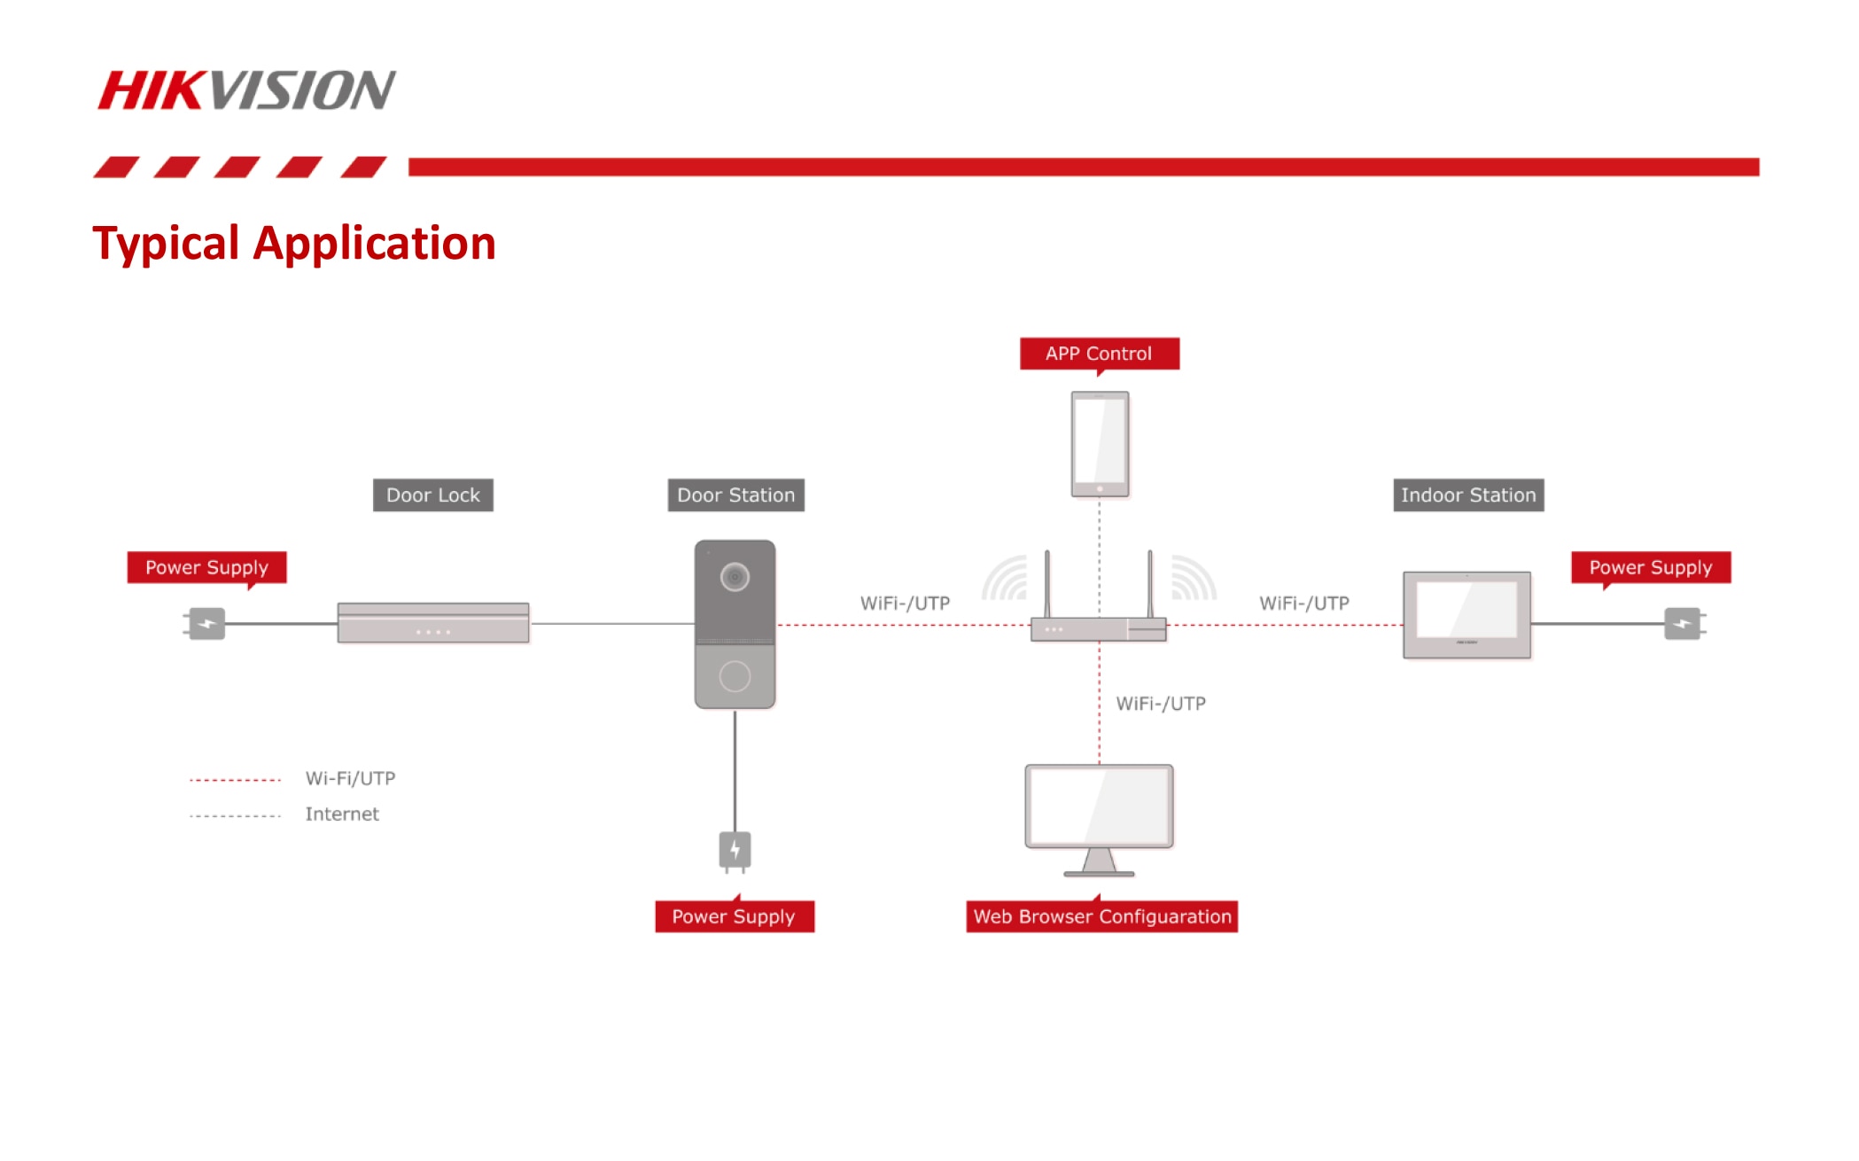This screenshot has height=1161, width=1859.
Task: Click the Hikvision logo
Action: tap(246, 90)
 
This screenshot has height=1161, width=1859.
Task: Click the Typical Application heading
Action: tap(294, 243)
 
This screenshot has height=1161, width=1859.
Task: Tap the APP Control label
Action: tap(1099, 354)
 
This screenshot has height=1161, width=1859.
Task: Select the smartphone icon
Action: tap(1100, 444)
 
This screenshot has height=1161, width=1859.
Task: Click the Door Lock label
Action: tap(433, 495)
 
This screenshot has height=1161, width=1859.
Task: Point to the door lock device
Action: tap(433, 622)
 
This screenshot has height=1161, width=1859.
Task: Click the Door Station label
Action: tap(735, 495)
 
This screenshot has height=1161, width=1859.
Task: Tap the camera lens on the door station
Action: tap(735, 577)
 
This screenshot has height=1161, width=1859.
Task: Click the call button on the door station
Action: tap(735, 676)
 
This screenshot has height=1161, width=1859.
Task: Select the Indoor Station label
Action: tap(1468, 495)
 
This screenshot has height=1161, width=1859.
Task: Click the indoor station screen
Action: tap(1466, 609)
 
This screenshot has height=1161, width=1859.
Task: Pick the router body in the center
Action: tap(1099, 629)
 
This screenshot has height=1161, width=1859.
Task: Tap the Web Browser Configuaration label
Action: tap(1102, 916)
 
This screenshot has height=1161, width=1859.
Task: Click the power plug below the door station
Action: tap(735, 851)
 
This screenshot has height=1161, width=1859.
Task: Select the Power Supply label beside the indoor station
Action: tap(1651, 567)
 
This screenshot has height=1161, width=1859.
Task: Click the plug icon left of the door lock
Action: tap(206, 624)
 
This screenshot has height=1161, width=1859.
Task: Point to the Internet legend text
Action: tap(342, 814)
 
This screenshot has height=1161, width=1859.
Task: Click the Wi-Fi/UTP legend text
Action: tap(350, 778)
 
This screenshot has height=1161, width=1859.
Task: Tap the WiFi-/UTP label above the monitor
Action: tap(1161, 704)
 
